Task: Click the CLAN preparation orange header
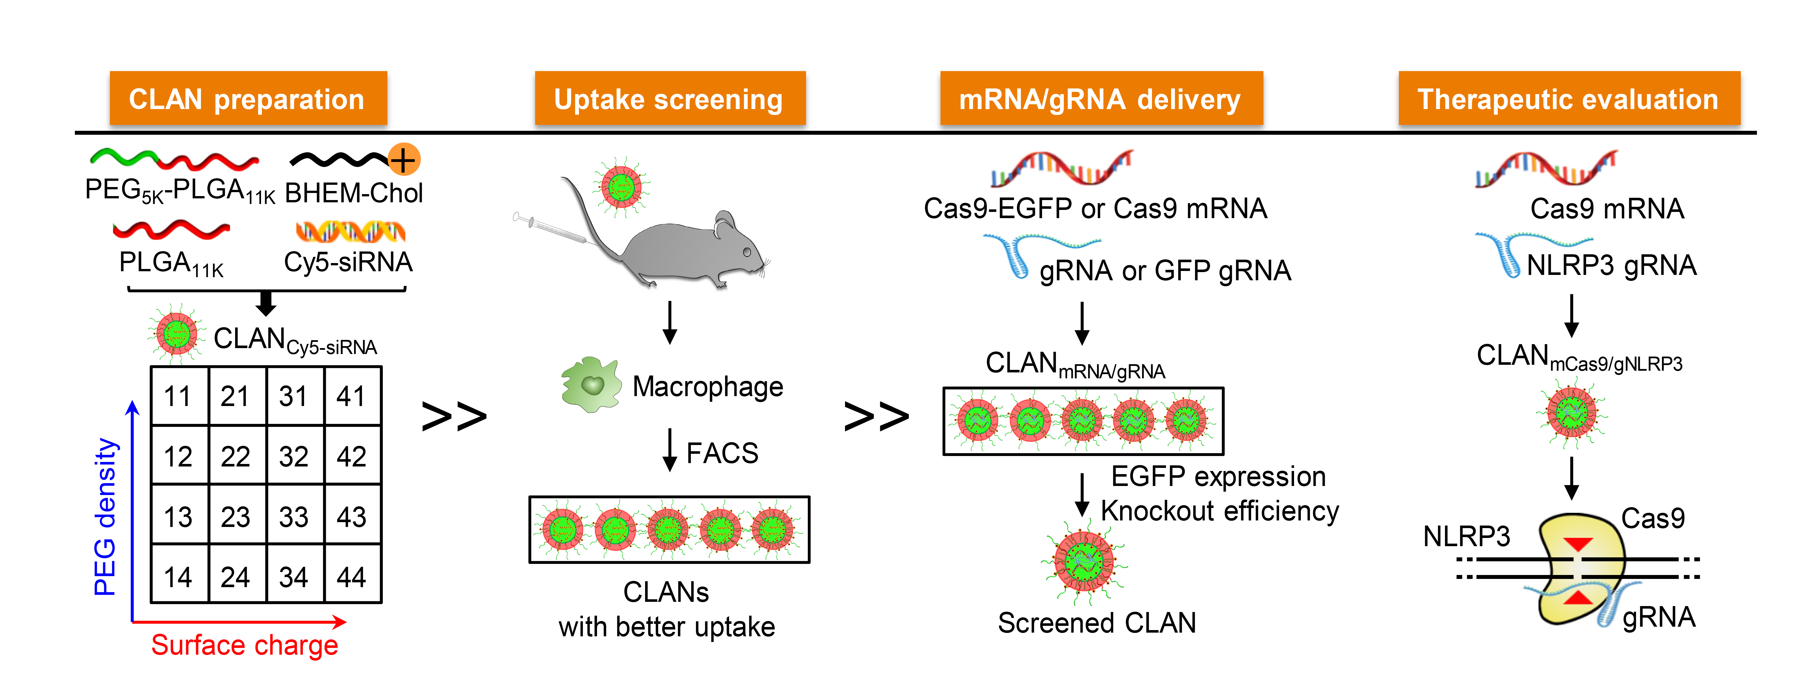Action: (248, 99)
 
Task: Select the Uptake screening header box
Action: (670, 99)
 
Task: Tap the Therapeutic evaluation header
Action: (1569, 99)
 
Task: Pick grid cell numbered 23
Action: (236, 517)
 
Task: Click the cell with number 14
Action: (178, 577)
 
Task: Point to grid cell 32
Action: (293, 456)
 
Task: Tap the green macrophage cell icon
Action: (591, 385)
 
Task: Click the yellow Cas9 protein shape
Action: (1579, 569)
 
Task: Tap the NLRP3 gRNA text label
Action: (1611, 265)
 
